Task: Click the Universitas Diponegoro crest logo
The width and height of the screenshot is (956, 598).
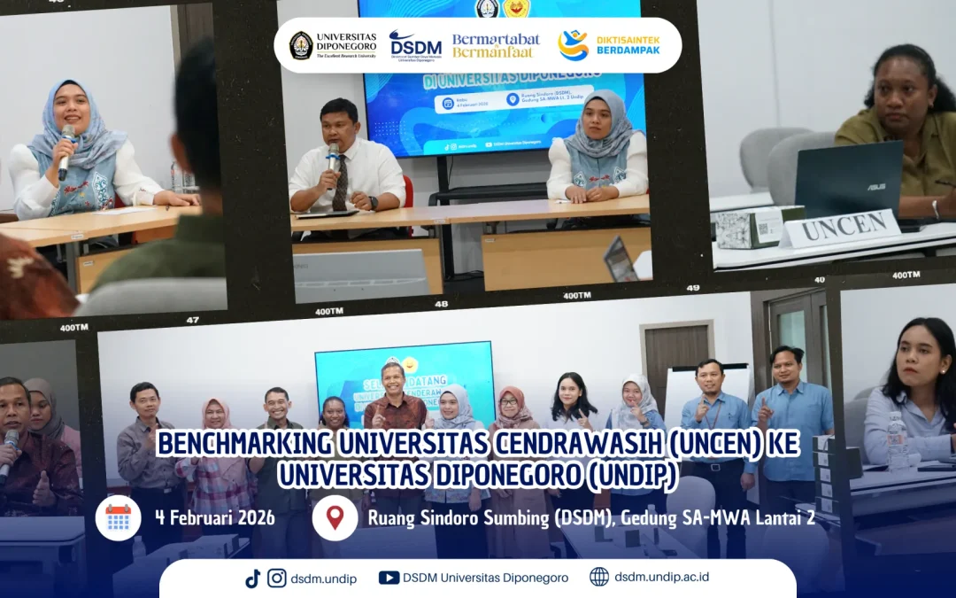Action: (301, 44)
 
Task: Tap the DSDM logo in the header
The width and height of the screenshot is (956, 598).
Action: (415, 44)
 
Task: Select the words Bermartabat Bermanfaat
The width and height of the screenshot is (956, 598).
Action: (496, 45)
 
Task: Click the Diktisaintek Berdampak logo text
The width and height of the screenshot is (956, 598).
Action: (628, 44)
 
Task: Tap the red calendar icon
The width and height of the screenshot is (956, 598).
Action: (118, 517)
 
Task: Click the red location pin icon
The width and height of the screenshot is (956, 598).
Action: (335, 517)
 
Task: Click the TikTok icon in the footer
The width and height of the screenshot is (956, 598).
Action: (253, 578)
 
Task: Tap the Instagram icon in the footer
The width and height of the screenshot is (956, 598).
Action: (277, 578)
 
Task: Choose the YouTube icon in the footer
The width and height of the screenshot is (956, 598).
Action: (389, 578)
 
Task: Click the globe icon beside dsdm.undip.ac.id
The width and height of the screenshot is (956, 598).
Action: (599, 577)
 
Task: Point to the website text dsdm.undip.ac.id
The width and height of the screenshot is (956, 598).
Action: (661, 577)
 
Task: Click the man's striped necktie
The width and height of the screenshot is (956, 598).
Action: (340, 183)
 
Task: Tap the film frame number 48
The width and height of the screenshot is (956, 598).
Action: (442, 303)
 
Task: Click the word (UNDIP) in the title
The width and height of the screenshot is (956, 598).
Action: (632, 475)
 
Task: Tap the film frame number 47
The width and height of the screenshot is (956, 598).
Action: (192, 319)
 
